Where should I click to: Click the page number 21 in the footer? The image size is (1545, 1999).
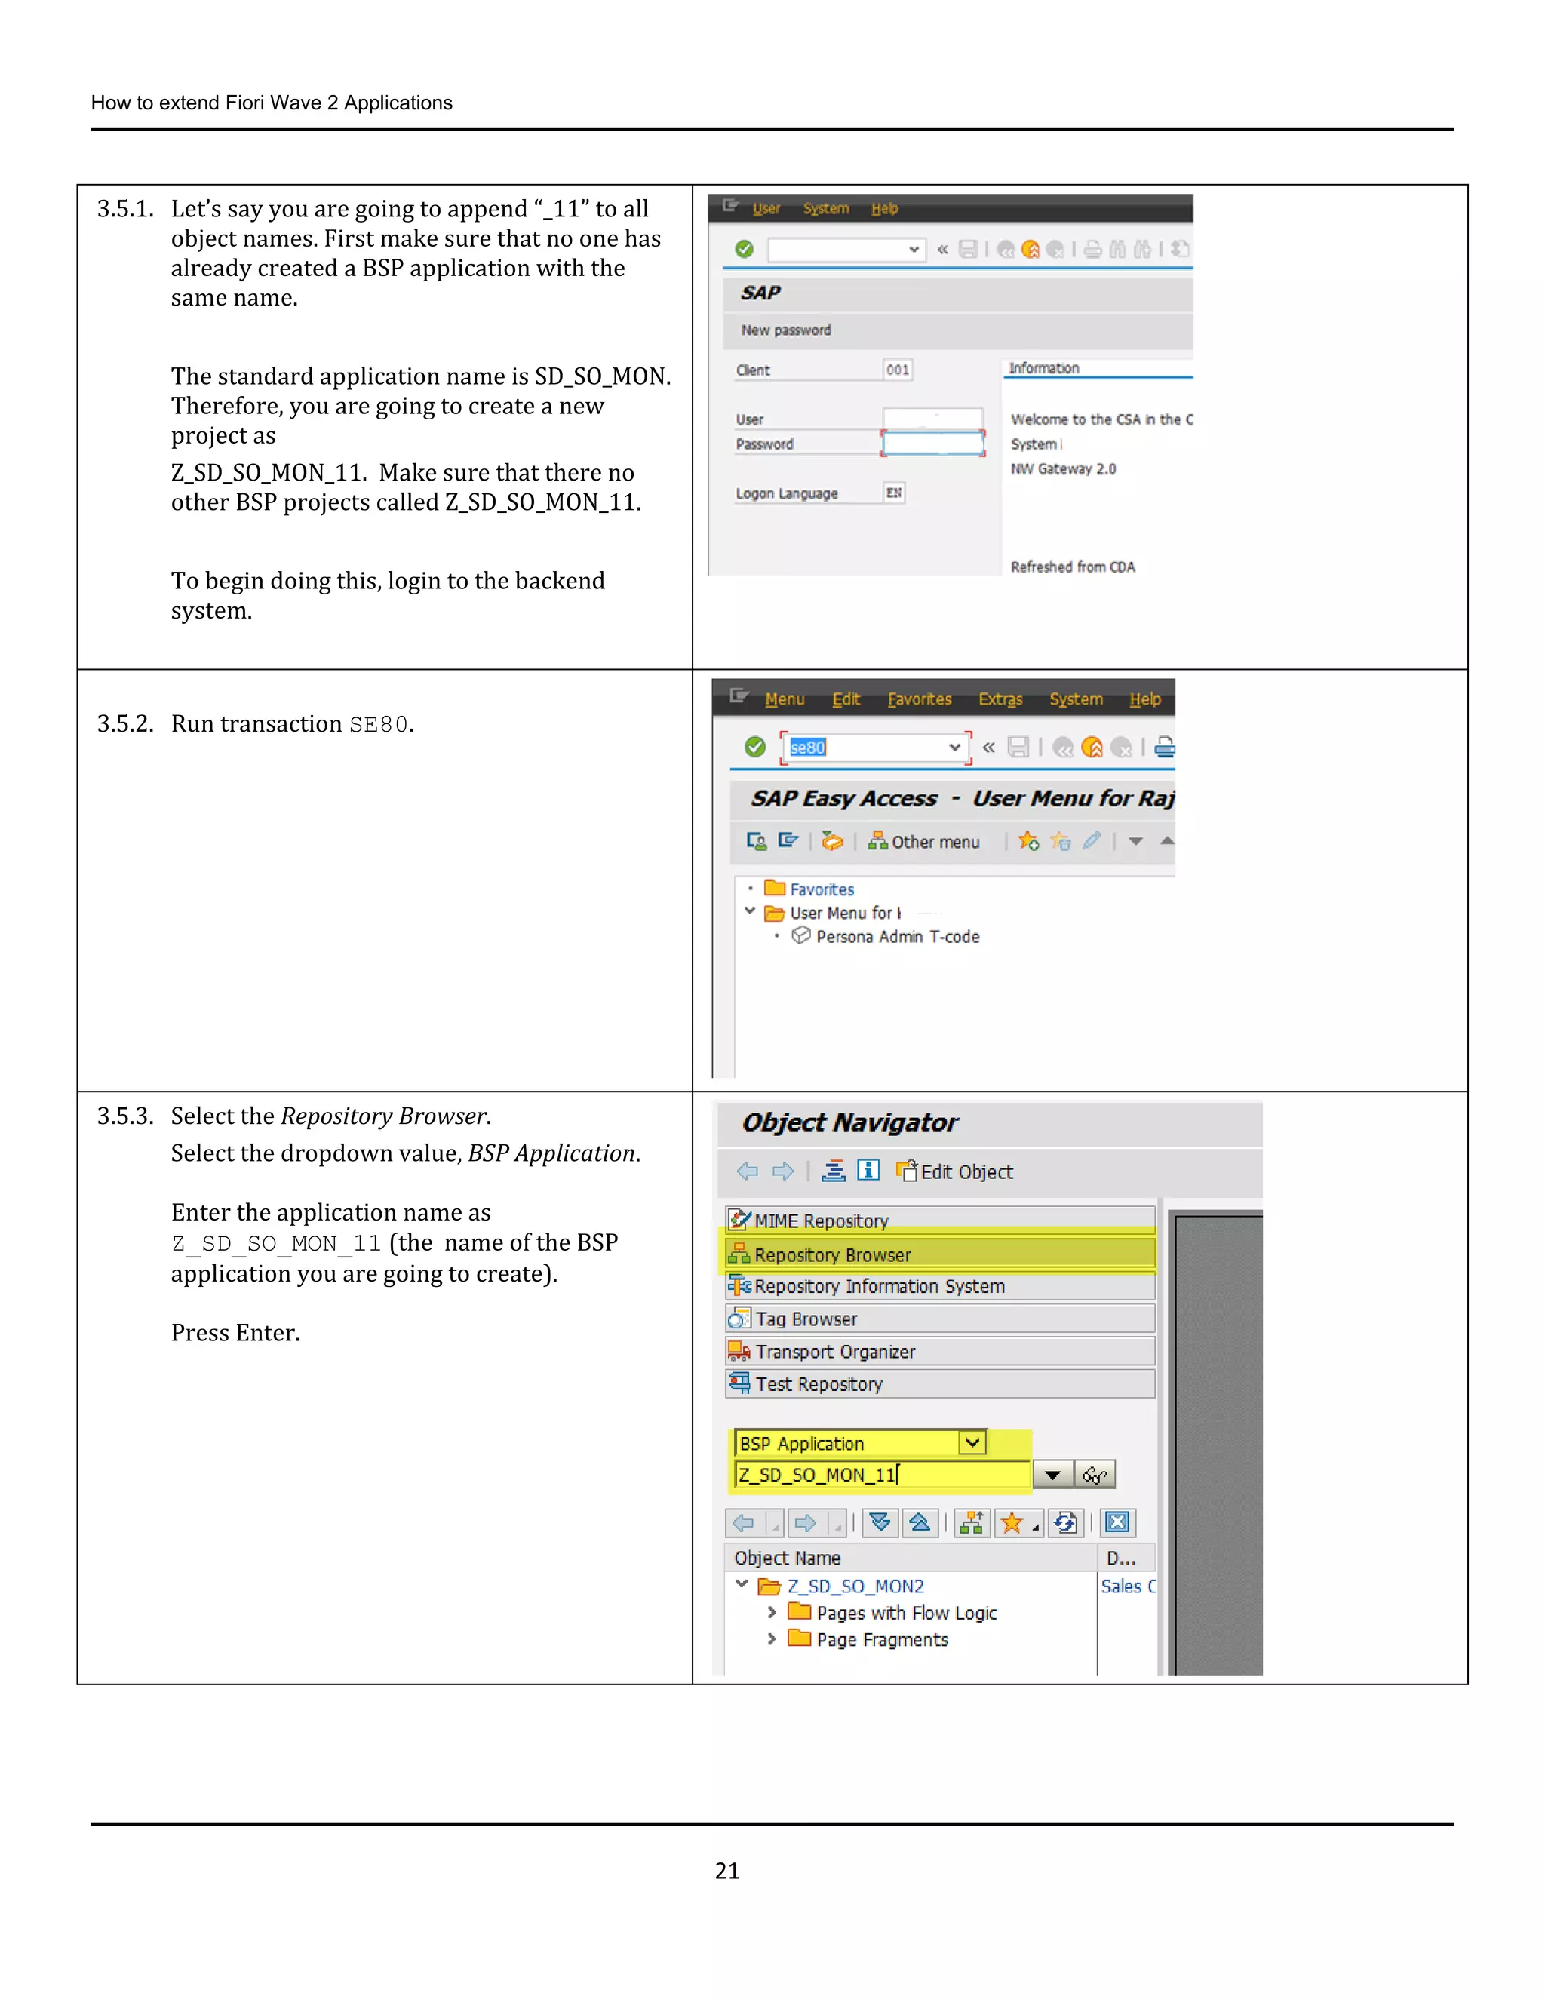726,1870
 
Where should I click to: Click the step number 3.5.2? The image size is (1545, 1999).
125,724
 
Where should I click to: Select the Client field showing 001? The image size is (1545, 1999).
897,370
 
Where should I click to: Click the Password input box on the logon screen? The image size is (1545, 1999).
932,444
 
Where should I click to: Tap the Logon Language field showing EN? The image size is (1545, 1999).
894,493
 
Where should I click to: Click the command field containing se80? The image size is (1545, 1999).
870,748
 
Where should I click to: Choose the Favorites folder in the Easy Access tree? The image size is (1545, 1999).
821,889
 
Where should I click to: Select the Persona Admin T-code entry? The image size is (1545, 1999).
897,936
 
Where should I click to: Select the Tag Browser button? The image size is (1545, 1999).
939,1319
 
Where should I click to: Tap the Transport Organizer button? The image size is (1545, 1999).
939,1352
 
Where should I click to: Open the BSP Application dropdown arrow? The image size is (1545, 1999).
972,1443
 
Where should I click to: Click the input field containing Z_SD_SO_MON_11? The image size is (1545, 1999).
883,1475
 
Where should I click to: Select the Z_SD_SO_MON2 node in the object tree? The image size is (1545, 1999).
855,1586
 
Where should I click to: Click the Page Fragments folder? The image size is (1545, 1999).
881,1639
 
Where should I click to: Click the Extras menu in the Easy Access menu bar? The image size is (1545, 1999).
1000,699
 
